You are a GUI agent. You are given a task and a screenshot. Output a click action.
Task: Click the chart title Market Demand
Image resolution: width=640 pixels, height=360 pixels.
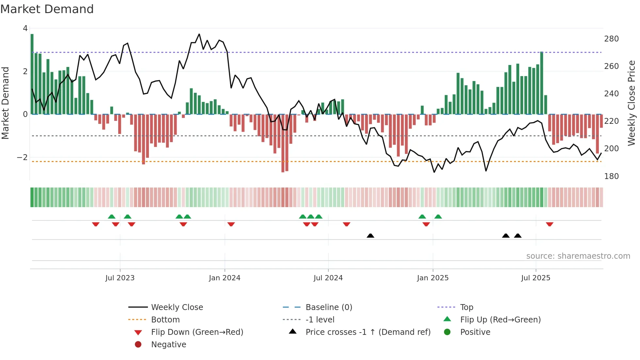pyautogui.click(x=47, y=9)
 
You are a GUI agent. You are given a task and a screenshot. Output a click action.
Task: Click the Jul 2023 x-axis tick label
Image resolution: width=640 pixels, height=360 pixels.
pyautogui.click(x=120, y=278)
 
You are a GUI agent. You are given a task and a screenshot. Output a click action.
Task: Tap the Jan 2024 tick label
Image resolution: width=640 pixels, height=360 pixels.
pyautogui.click(x=225, y=278)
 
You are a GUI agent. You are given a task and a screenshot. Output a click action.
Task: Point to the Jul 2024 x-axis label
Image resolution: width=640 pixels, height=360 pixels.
pyautogui.click(x=328, y=278)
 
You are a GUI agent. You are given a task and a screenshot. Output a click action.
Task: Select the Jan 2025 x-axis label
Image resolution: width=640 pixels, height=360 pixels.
pyautogui.click(x=433, y=278)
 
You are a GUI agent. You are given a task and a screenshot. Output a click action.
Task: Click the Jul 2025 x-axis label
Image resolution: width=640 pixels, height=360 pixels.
pyautogui.click(x=536, y=278)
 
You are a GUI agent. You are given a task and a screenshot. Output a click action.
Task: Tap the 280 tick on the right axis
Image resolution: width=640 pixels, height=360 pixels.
pyautogui.click(x=611, y=39)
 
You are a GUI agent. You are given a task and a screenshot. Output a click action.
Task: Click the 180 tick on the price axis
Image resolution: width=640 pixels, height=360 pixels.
pyautogui.click(x=611, y=176)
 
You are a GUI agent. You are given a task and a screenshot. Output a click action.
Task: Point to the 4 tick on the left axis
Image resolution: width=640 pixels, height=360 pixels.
pyautogui.click(x=25, y=28)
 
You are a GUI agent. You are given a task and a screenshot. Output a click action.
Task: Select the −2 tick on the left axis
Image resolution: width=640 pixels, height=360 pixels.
pyautogui.click(x=23, y=157)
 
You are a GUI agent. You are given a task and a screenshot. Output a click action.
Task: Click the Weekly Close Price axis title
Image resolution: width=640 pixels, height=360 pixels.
pyautogui.click(x=632, y=103)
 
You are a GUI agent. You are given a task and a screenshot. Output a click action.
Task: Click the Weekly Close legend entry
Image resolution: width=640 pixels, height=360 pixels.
pyautogui.click(x=177, y=307)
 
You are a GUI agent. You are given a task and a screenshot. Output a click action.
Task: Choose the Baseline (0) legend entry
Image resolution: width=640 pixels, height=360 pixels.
pyautogui.click(x=329, y=307)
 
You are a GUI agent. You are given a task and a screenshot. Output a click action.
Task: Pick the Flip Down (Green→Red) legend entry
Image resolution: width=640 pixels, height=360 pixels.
pyautogui.click(x=197, y=332)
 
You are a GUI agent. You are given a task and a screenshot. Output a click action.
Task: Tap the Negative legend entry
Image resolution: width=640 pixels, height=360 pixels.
pyautogui.click(x=168, y=345)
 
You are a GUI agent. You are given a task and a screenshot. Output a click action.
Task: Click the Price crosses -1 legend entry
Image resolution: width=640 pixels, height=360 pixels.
pyautogui.click(x=368, y=332)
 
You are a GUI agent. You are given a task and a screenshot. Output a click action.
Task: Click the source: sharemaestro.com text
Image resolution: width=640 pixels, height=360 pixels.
pyautogui.click(x=578, y=256)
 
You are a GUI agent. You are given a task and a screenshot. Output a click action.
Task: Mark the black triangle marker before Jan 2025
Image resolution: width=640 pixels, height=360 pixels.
pyautogui.click(x=370, y=236)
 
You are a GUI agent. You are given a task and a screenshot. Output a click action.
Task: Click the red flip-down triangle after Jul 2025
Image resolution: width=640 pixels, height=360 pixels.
pyautogui.click(x=550, y=224)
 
